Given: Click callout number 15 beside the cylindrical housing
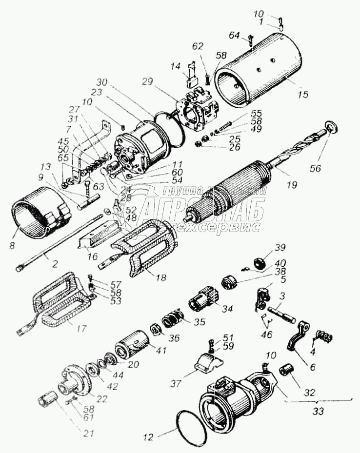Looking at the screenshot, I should coord(303,94).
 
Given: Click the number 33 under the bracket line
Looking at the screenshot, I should coord(318,411).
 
